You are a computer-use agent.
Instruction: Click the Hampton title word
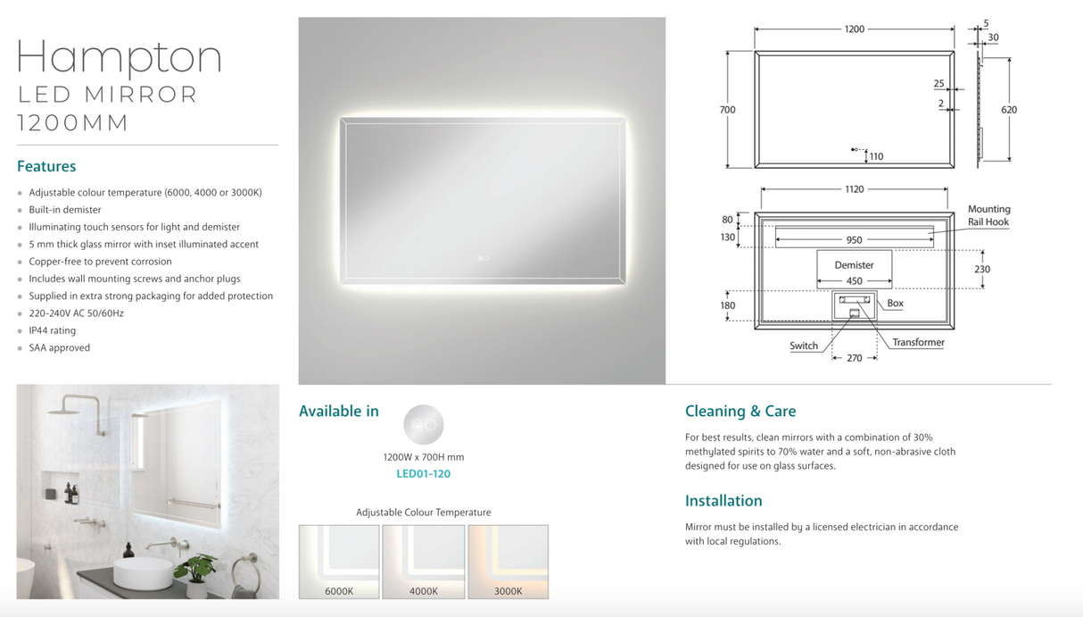tap(119, 58)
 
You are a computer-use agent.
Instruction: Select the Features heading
tap(46, 166)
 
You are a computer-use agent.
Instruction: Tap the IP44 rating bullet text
tap(52, 330)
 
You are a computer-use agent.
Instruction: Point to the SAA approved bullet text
tap(59, 347)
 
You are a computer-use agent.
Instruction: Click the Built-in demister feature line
tap(64, 210)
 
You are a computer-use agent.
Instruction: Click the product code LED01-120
tap(423, 473)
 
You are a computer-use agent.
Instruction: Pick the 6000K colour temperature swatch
tap(339, 562)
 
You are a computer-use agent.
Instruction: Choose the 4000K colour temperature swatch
tap(424, 562)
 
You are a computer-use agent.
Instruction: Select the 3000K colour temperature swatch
tap(508, 562)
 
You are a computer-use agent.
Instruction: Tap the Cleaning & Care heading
tap(740, 411)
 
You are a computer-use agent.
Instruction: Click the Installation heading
tap(723, 500)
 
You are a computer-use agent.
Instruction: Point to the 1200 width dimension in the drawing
tap(854, 29)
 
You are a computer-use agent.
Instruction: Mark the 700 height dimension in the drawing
tap(727, 110)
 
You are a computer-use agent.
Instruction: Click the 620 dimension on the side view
tap(1009, 110)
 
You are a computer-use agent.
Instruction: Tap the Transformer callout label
tap(918, 342)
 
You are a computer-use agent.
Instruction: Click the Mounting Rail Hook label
tap(988, 215)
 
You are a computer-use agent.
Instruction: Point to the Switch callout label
tap(804, 346)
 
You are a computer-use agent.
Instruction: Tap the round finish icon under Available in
tap(423, 425)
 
